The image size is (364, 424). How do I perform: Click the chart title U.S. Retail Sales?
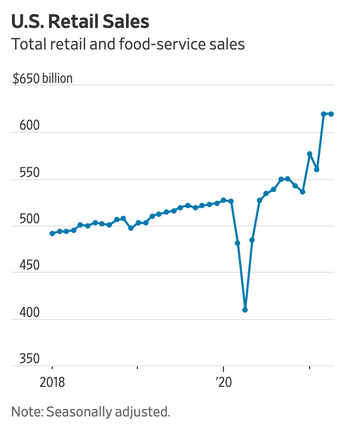(x=80, y=22)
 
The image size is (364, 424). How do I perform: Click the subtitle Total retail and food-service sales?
(x=128, y=44)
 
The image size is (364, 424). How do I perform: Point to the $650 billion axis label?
(x=43, y=79)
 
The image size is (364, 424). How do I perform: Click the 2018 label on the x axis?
(x=52, y=383)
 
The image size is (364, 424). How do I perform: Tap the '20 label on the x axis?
(x=223, y=383)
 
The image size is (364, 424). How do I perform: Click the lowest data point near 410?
(x=245, y=310)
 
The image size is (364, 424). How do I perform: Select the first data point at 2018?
(x=52, y=234)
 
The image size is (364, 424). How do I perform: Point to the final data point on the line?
(x=331, y=114)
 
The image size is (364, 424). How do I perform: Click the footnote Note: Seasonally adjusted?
(x=90, y=412)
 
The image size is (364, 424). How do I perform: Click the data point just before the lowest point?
(x=237, y=243)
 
